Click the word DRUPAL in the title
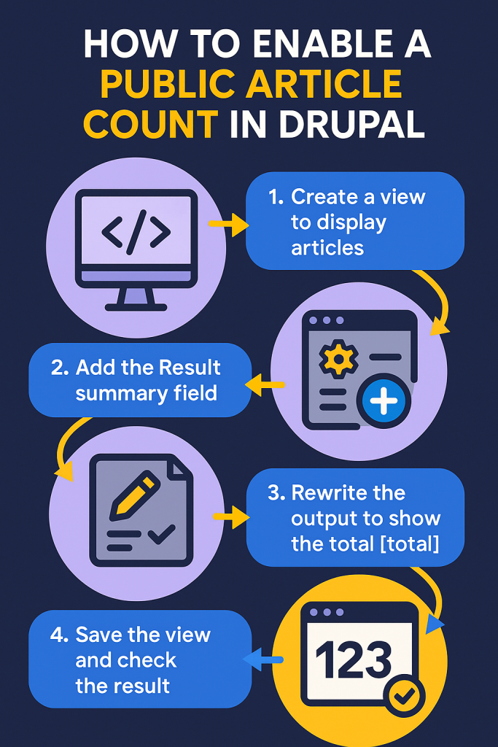pos(351,124)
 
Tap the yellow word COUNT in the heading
pos(150,124)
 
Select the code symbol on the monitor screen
pos(136,232)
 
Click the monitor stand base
pos(136,307)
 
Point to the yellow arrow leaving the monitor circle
pos(228,224)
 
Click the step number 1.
pos(276,197)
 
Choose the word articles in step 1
pos(327,248)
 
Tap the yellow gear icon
pos(338,359)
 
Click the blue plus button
pos(384,400)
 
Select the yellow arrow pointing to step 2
pos(265,385)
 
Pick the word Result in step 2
pos(189,368)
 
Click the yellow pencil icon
pos(135,495)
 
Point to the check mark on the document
pos(162,534)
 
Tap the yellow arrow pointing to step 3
pos(231,516)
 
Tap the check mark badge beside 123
pos(405,697)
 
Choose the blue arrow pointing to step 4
pos(262,659)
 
